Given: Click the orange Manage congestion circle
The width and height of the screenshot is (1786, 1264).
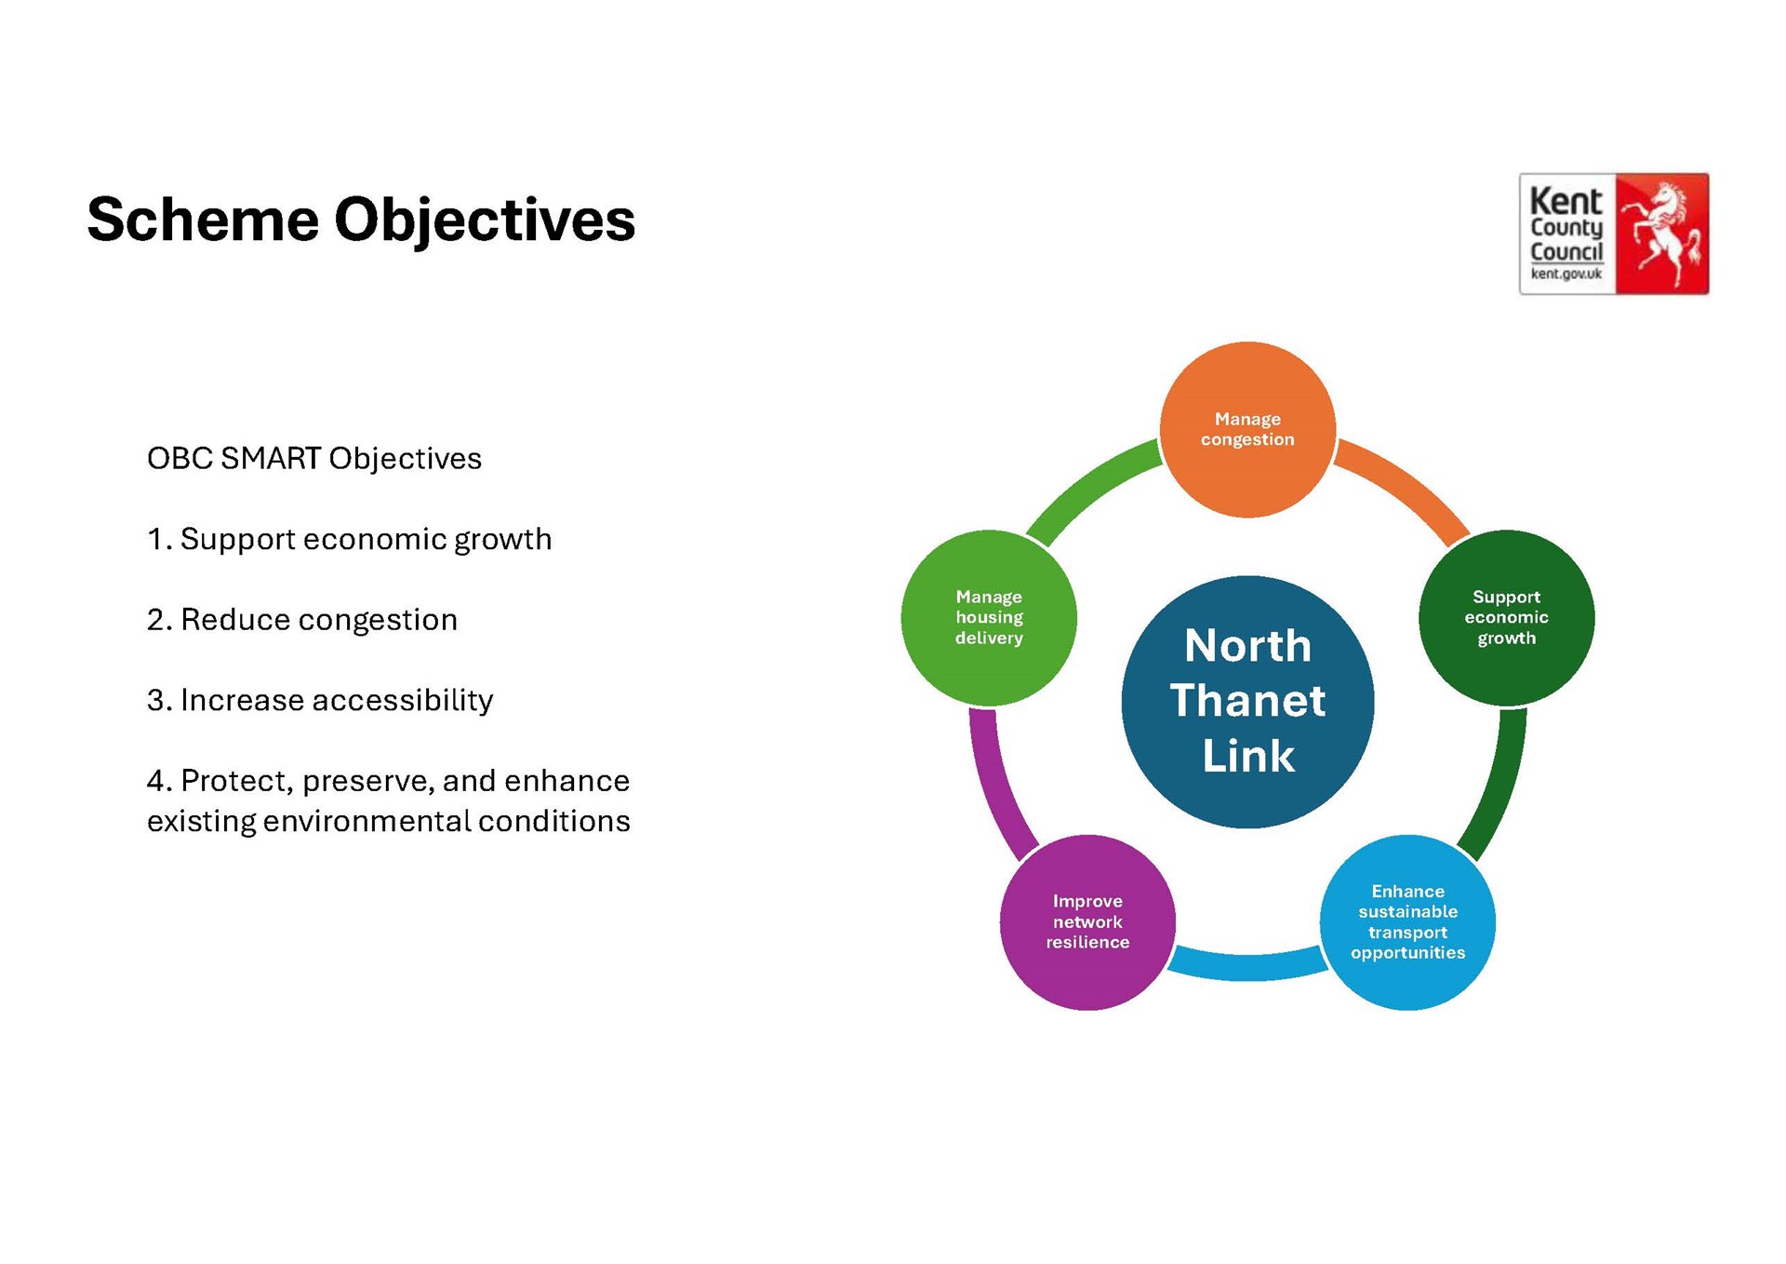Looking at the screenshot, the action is [1247, 429].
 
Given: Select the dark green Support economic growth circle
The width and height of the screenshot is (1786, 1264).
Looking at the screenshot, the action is [1506, 617].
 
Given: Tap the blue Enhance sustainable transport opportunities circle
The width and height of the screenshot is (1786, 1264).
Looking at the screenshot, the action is [1407, 921].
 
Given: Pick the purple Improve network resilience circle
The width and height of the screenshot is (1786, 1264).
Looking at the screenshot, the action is [1087, 921].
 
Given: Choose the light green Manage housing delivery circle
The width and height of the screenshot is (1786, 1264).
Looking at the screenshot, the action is [989, 617].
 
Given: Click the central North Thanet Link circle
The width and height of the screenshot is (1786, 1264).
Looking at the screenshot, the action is [1247, 702].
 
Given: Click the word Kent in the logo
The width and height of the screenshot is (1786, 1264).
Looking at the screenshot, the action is [1566, 201].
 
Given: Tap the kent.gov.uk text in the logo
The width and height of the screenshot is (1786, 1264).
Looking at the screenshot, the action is [1566, 274].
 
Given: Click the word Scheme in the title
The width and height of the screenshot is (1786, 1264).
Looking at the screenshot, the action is [203, 220].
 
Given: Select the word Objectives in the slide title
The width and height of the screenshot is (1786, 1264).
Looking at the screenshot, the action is [485, 222].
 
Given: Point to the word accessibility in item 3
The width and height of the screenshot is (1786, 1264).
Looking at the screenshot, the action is [403, 700].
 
